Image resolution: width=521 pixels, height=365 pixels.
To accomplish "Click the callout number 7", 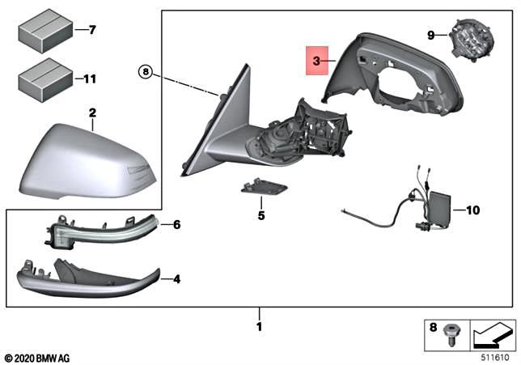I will click(91, 31).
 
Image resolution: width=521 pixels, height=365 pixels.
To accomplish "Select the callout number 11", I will click(90, 79).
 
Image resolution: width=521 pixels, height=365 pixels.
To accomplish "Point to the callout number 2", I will click(92, 112).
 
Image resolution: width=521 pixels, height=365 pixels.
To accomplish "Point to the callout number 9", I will click(431, 34).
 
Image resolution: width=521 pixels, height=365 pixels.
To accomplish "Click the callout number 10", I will click(473, 210).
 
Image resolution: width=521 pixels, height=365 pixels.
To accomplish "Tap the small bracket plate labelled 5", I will click(263, 189).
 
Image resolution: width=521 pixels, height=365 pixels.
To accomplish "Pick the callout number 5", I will click(260, 216).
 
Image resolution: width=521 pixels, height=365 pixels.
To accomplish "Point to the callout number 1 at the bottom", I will click(260, 326).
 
